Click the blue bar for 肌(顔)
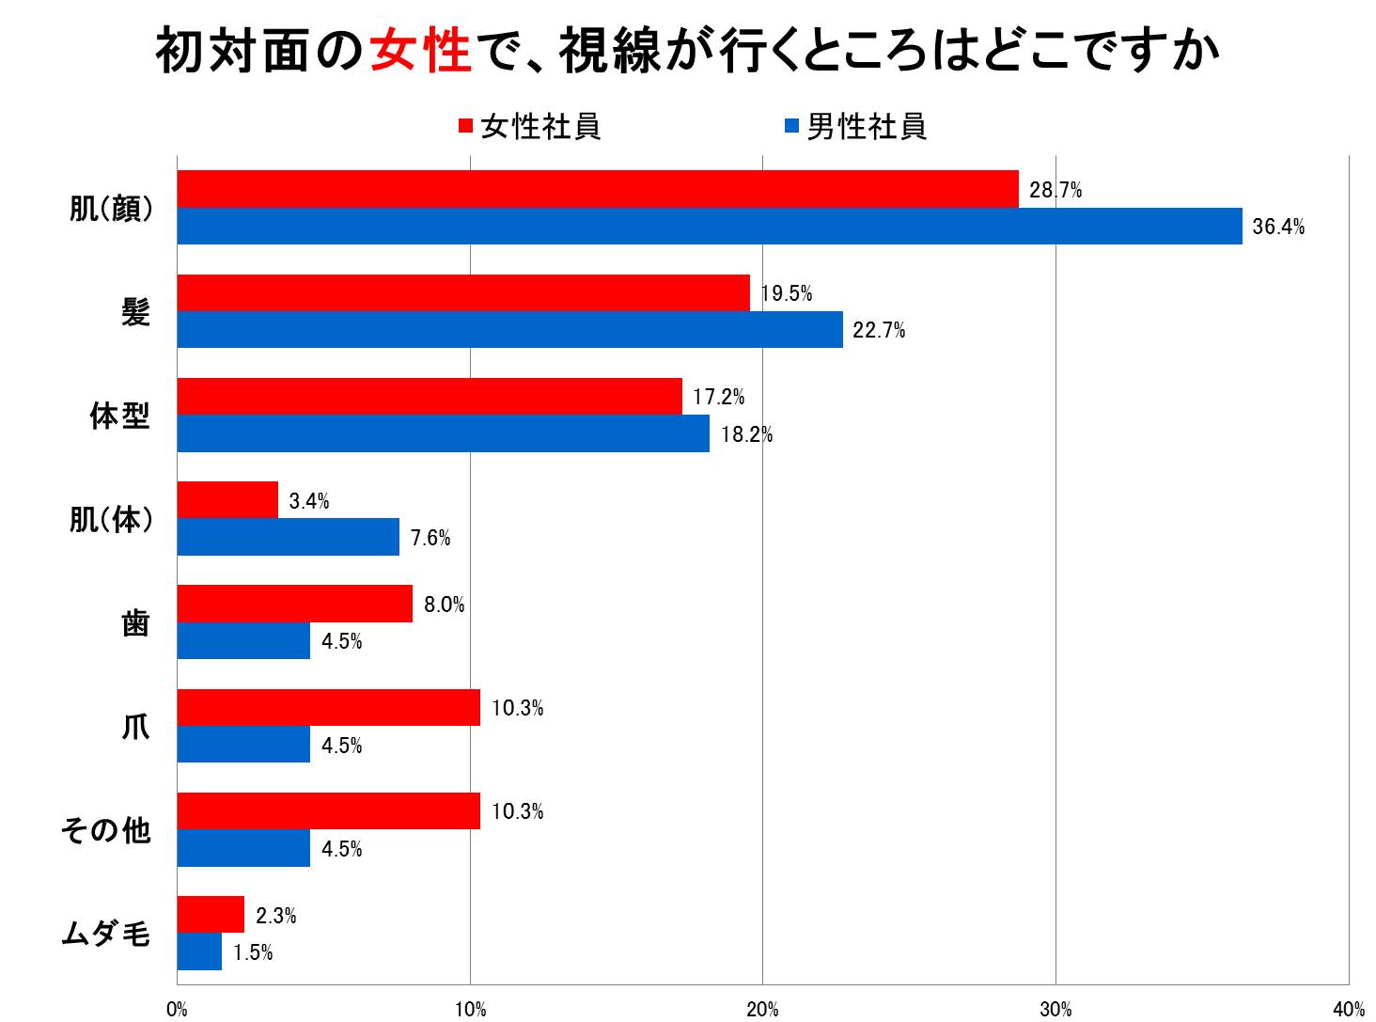click(710, 227)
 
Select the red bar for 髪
click(463, 292)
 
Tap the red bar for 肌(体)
click(227, 499)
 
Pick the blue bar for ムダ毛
click(199, 951)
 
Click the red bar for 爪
click(328, 707)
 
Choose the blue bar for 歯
click(243, 641)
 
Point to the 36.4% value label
click(1278, 227)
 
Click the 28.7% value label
click(1055, 190)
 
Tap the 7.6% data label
click(430, 538)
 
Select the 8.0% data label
click(444, 605)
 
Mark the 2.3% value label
click(275, 915)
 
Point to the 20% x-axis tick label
click(762, 1010)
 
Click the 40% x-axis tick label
click(1348, 1010)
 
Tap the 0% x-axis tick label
click(177, 1010)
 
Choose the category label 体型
click(119, 416)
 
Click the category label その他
click(105, 830)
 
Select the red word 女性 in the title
click(420, 51)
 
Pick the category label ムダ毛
click(105, 934)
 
